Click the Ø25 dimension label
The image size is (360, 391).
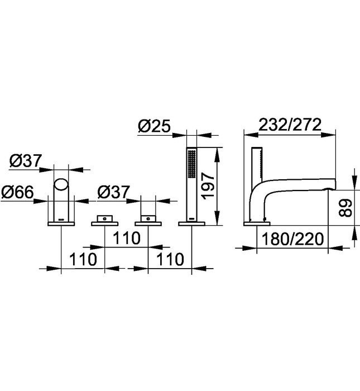[154, 127]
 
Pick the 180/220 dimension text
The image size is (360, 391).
[294, 240]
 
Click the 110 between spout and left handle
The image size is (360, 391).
[84, 260]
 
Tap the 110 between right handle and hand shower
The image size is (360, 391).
[170, 260]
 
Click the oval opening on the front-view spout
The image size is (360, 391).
[60, 185]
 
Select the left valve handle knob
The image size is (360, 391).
[104, 217]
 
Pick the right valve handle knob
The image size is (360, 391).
[148, 217]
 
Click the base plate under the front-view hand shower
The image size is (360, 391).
[191, 223]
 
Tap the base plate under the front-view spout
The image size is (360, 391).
[60, 223]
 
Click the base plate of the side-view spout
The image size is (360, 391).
[257, 223]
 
